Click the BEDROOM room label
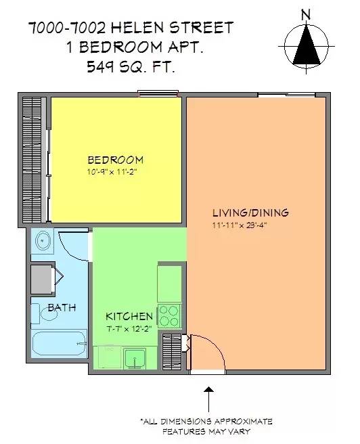click(115, 160)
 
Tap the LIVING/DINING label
click(250, 213)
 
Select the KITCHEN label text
click(129, 316)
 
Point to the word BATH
click(61, 307)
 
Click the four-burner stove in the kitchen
click(169, 316)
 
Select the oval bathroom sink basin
click(43, 241)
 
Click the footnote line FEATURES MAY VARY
click(206, 430)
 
